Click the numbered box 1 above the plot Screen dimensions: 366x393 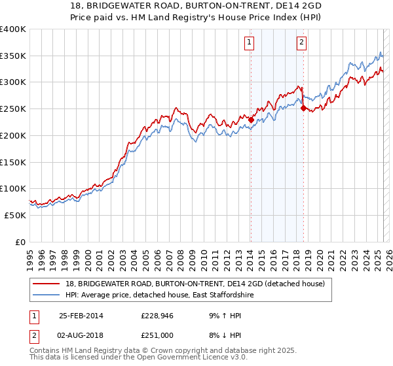point(250,43)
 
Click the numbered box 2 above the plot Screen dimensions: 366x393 point(301,43)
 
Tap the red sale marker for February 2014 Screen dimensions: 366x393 point(251,120)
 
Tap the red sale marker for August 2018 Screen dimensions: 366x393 point(303,108)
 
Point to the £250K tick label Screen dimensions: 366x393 point(13,108)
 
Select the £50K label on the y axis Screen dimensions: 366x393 point(15,215)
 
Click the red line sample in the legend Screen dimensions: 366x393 point(47,283)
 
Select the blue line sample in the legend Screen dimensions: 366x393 point(47,295)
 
